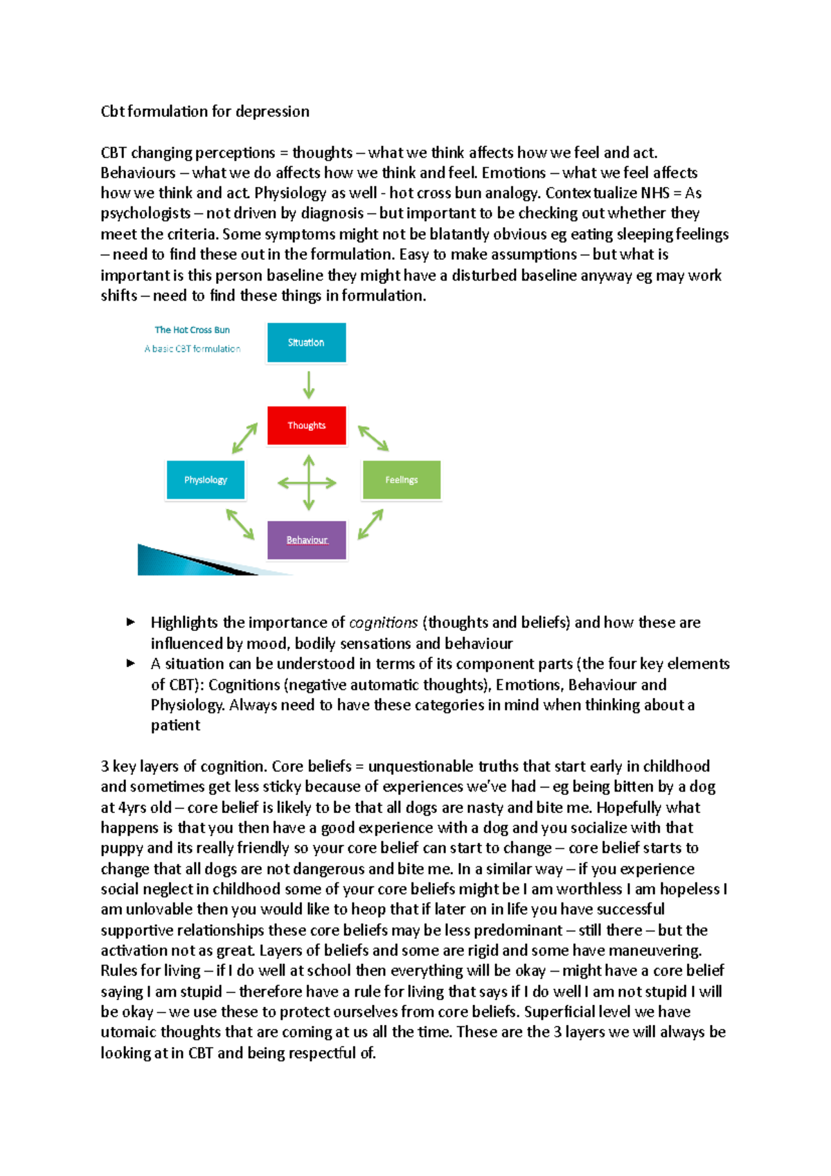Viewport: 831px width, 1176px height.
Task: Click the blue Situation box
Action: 306,343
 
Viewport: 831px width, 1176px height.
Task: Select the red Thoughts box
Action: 306,425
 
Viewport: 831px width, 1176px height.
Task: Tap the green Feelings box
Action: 401,480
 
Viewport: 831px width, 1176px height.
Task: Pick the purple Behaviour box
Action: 307,540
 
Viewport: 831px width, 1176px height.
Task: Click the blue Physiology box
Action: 205,480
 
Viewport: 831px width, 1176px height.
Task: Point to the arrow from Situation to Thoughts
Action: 308,384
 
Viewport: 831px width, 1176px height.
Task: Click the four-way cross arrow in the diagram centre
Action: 307,483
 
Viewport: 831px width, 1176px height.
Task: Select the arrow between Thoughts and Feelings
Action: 373,438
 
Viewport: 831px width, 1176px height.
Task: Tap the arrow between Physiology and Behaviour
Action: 240,524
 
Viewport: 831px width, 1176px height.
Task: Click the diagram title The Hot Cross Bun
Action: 192,330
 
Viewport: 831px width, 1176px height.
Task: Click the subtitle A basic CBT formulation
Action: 192,349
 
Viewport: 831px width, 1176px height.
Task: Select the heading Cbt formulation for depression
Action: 205,112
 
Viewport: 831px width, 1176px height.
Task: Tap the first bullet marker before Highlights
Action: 130,622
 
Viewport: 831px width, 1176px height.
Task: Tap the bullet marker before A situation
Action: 130,663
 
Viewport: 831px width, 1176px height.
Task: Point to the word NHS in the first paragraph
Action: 654,193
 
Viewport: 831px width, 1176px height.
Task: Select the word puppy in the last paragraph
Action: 122,848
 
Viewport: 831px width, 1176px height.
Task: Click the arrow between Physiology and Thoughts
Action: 244,438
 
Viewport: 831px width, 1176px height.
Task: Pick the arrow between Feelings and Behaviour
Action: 370,524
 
